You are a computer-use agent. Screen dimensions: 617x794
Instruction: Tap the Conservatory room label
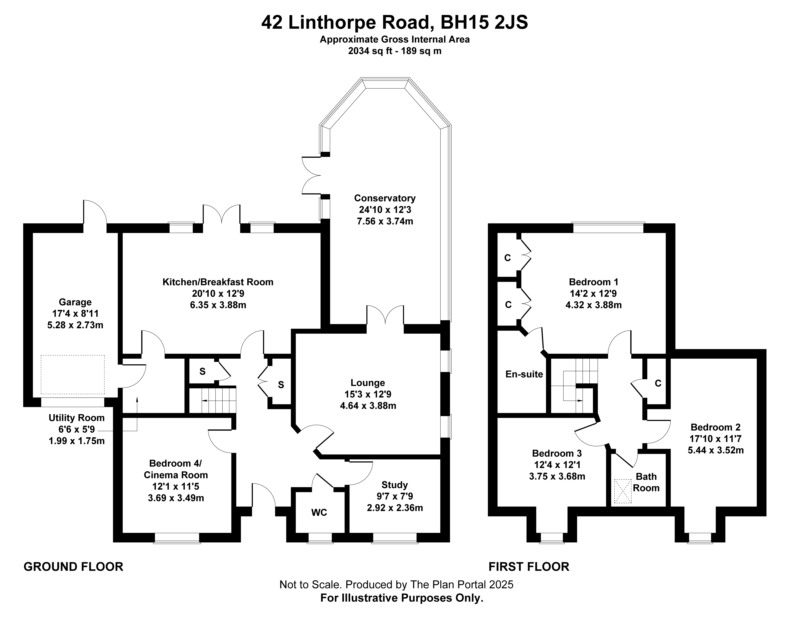pos(385,198)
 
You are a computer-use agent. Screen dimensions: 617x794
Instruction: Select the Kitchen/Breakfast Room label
pos(218,282)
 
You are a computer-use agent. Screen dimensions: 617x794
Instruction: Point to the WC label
pos(319,512)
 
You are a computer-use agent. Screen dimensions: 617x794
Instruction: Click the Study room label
pos(394,485)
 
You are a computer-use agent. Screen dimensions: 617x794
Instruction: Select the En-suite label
pos(524,374)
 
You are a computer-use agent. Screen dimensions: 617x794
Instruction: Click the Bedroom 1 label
pos(593,282)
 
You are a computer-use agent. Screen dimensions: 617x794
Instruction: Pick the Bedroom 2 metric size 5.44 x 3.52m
pos(716,450)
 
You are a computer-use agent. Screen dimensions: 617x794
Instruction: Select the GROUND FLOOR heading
pos(73,566)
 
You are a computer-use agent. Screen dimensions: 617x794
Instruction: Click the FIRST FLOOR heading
pos(529,566)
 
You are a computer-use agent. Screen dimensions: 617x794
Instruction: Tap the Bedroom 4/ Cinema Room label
pos(176,469)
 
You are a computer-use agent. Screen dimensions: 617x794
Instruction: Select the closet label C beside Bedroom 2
pos(658,383)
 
